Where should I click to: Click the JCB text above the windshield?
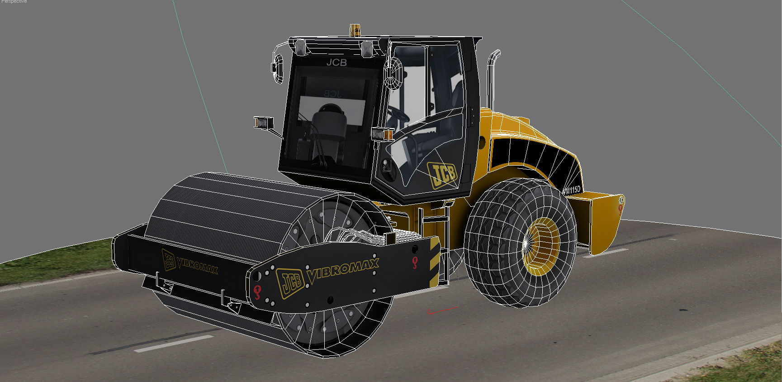336,62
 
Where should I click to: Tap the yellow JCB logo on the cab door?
443,174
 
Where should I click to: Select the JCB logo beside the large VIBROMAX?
289,282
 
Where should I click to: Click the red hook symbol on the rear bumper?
621,208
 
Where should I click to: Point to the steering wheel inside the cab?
398,116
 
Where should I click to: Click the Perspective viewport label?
14,2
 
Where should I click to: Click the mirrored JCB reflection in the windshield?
332,94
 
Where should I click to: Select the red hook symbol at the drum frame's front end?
257,292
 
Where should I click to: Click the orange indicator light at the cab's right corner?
388,135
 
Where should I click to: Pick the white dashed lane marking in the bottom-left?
174,344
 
